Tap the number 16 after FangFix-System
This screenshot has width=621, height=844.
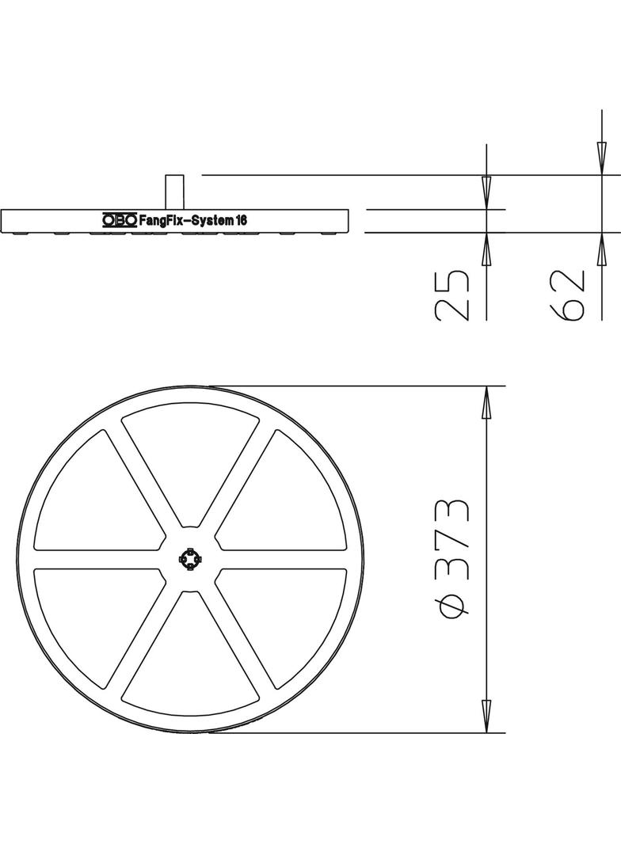[242, 222]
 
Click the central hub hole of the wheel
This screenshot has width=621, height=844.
[190, 559]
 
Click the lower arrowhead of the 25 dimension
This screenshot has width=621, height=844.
[486, 249]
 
